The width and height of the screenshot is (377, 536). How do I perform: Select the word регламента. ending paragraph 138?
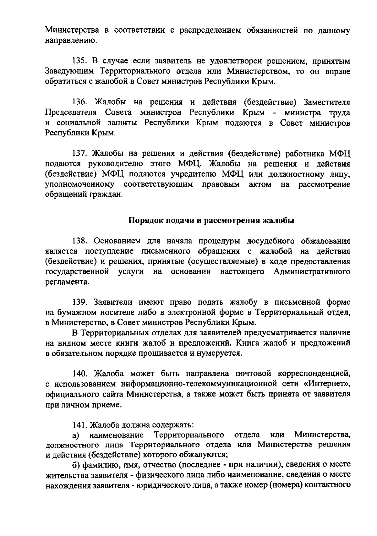(x=67, y=282)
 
